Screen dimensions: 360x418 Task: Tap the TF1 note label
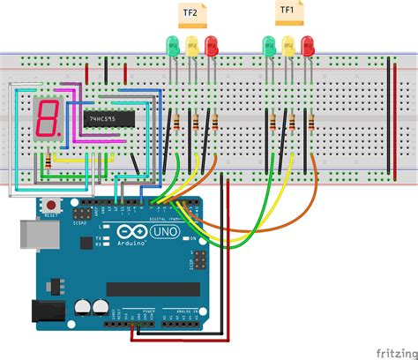(287, 11)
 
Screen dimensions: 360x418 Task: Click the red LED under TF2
(210, 43)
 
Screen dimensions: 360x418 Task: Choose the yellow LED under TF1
(289, 44)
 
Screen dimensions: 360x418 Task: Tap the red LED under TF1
(308, 43)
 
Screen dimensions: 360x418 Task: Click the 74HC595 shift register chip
(108, 117)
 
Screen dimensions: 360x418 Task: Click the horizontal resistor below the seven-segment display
(57, 162)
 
